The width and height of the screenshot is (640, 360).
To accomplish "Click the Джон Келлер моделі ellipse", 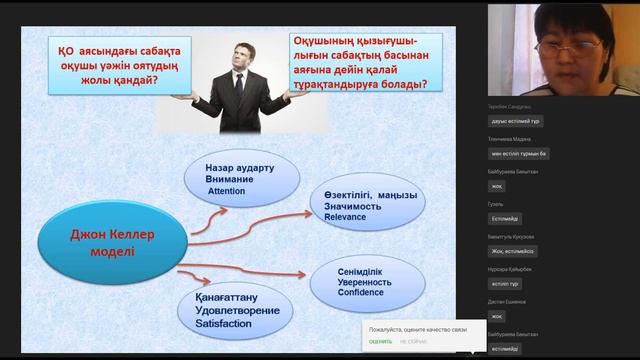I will pos(107,241).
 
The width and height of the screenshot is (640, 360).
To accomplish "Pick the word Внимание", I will pos(228,178).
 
